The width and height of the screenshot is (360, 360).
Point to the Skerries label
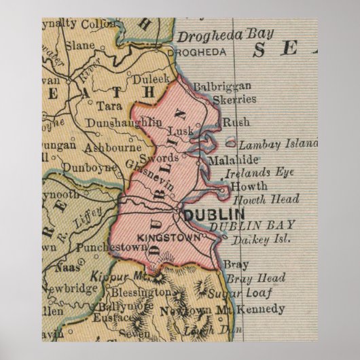tap(236, 99)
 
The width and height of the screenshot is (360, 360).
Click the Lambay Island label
tap(277, 144)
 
